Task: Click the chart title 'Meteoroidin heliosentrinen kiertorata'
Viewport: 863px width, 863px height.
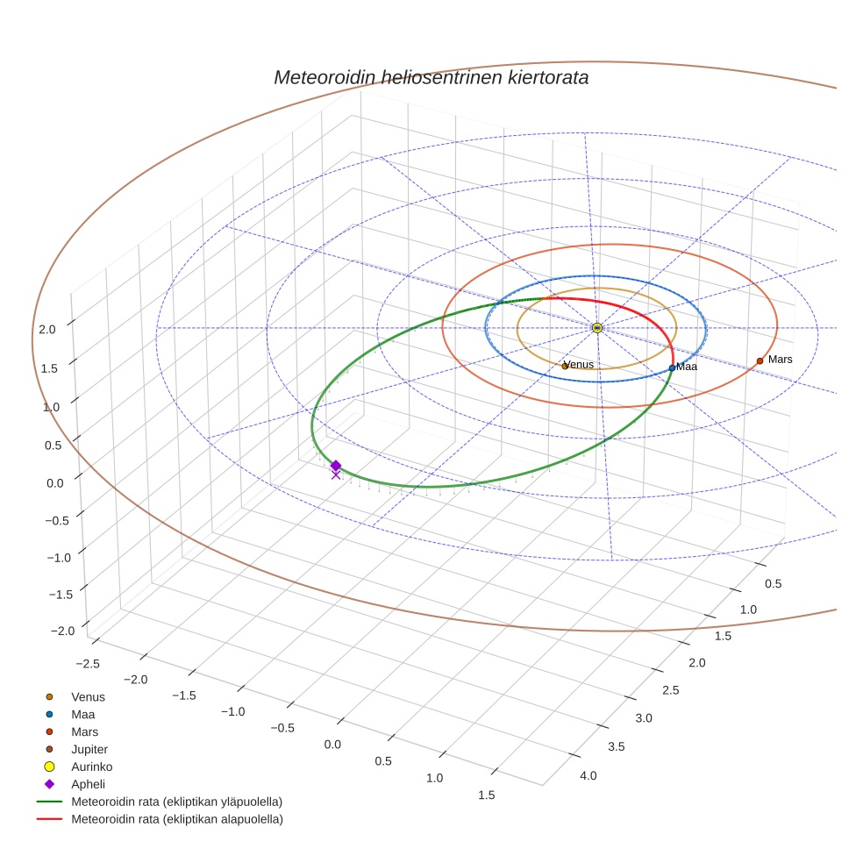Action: coord(431,77)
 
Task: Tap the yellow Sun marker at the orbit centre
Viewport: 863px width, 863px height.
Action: coord(597,327)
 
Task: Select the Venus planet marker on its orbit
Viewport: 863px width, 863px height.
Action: coord(564,366)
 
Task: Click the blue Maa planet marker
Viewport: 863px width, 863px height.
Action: coord(672,367)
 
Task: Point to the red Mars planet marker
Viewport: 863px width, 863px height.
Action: coord(760,360)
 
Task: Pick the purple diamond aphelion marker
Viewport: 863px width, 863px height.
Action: coord(335,466)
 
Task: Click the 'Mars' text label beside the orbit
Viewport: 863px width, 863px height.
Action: coord(780,360)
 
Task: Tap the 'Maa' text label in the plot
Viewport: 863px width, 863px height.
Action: coord(687,367)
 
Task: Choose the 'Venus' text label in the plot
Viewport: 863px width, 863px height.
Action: coord(580,364)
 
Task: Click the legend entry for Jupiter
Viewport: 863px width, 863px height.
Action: coord(89,749)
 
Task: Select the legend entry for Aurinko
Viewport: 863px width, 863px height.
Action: coord(91,767)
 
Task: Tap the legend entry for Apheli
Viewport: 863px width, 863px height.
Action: coord(87,784)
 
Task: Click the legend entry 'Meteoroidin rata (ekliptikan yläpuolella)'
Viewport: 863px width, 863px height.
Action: coord(176,802)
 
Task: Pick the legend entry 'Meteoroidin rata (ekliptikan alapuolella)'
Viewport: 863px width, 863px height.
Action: coord(176,819)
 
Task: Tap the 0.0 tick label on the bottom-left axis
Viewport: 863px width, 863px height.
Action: coord(333,744)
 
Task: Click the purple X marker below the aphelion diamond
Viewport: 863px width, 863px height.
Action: coord(335,475)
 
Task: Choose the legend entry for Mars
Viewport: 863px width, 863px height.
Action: coord(84,731)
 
